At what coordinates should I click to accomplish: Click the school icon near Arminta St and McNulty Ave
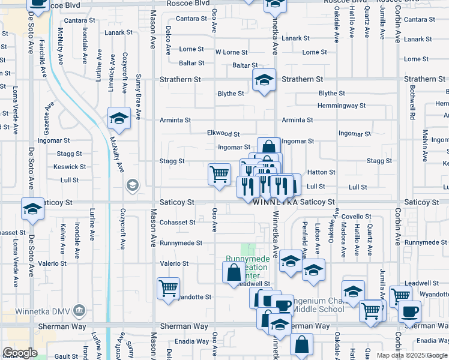(119, 117)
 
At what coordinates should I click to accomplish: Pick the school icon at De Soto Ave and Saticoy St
(32, 208)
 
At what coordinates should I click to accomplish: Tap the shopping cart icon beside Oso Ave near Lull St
(219, 174)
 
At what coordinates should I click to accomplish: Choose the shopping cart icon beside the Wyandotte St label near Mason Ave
(168, 287)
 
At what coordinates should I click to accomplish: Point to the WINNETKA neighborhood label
(276, 203)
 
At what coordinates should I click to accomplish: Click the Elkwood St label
(223, 134)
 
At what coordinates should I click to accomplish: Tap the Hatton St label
(321, 172)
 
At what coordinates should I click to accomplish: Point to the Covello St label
(358, 217)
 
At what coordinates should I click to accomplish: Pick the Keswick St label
(65, 167)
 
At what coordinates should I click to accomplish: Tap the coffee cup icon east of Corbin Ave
(411, 311)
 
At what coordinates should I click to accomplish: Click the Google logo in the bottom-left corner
(20, 353)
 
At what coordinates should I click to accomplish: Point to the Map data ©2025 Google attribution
(412, 355)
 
